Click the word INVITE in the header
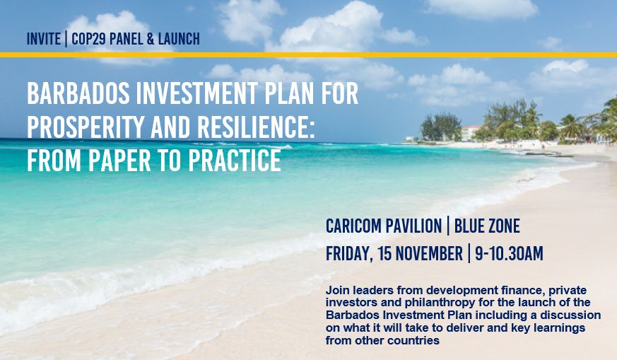(x=44, y=39)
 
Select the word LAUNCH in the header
(x=179, y=39)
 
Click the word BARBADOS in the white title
(x=78, y=93)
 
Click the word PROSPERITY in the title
(x=86, y=127)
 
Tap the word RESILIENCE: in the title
(x=256, y=127)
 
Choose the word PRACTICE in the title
(x=235, y=160)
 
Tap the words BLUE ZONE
(x=487, y=226)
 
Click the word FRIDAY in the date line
(x=349, y=254)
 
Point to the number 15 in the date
(x=384, y=253)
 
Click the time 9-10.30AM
(x=509, y=253)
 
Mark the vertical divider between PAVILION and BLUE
(x=448, y=226)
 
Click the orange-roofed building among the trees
(x=470, y=133)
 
